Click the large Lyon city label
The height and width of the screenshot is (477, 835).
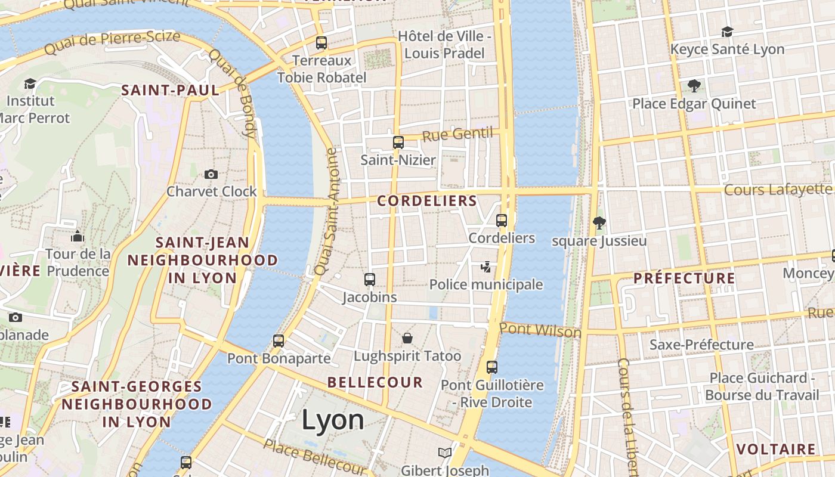click(x=333, y=420)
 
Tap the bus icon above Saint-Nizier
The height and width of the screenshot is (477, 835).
click(x=398, y=143)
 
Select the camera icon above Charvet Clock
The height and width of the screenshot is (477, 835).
click(x=211, y=174)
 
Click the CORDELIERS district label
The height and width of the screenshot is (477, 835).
click(x=427, y=201)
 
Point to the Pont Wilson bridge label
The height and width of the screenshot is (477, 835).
click(x=540, y=330)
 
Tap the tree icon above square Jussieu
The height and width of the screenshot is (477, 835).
click(x=599, y=223)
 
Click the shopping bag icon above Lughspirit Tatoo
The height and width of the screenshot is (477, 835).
click(x=407, y=338)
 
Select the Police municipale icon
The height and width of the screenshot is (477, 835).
click(x=486, y=267)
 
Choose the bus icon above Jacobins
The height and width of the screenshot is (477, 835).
click(x=370, y=279)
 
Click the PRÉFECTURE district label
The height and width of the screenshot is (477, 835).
click(x=684, y=278)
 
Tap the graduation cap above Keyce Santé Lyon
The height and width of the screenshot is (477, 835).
click(x=727, y=32)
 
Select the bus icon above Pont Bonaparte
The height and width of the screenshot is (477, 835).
click(x=279, y=341)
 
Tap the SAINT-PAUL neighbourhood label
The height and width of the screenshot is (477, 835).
click(x=171, y=91)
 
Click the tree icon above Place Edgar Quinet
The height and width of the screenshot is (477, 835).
click(x=694, y=86)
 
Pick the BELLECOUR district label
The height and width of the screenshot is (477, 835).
click(x=375, y=382)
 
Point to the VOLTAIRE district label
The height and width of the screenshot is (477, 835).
click(x=775, y=449)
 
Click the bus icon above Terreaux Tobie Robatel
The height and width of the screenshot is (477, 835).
click(x=321, y=43)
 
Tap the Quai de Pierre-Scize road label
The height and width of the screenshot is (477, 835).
click(x=112, y=43)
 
